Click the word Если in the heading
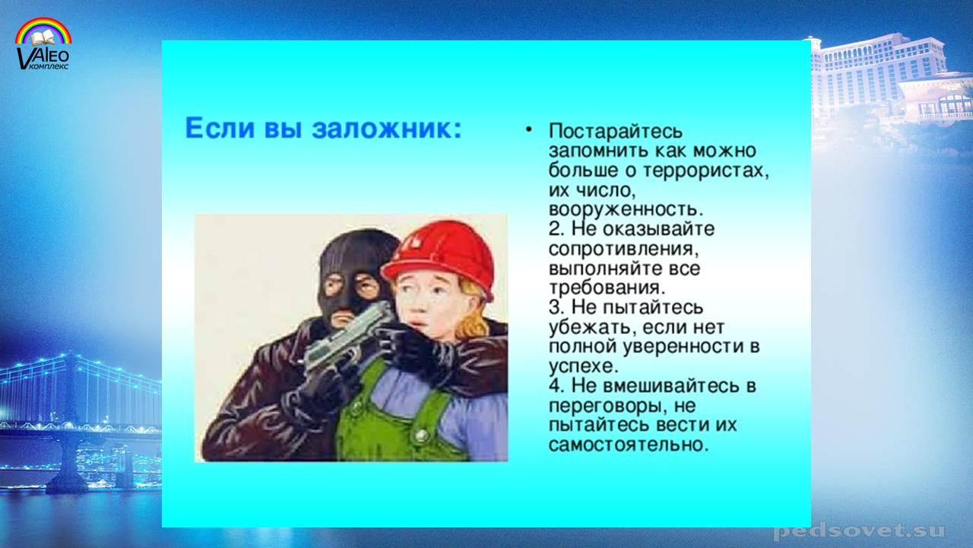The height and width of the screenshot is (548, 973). pyautogui.click(x=220, y=128)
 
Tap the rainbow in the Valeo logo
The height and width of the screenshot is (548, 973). pyautogui.click(x=43, y=31)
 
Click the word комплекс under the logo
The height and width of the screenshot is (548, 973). pyautogui.click(x=50, y=67)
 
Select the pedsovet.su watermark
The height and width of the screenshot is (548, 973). pyautogui.click(x=859, y=530)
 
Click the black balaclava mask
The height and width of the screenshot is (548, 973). pyautogui.click(x=354, y=279)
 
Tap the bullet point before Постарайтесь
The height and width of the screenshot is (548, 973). pyautogui.click(x=528, y=129)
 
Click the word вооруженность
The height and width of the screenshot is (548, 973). pyautogui.click(x=625, y=209)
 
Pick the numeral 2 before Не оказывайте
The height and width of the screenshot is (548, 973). pyautogui.click(x=554, y=229)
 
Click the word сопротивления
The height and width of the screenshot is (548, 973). pyautogui.click(x=624, y=249)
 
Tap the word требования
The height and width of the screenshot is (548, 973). pyautogui.click(x=607, y=288)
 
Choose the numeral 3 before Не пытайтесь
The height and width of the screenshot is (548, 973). pyautogui.click(x=554, y=307)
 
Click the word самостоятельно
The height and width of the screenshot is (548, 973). pyautogui.click(x=629, y=444)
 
